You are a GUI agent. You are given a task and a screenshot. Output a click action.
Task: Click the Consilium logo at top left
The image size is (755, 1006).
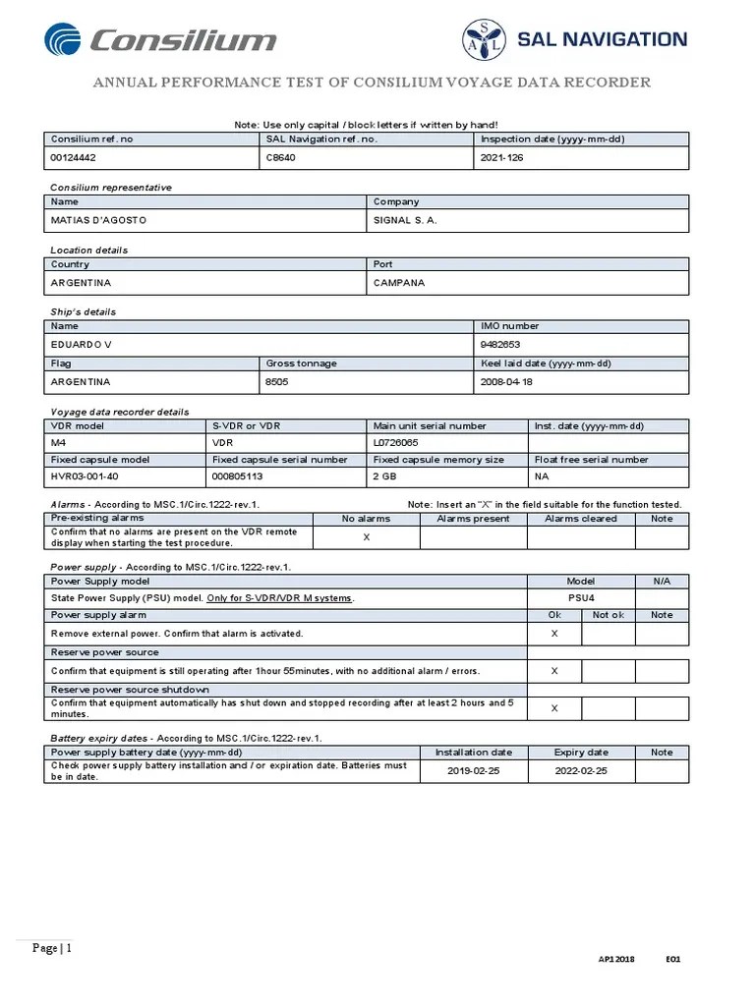160,40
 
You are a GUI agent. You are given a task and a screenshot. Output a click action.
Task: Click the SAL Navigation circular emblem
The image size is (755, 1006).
484,40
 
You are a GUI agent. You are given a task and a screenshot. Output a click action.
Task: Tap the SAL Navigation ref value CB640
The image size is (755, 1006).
281,157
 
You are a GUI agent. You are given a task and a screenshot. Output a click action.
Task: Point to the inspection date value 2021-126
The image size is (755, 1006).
502,157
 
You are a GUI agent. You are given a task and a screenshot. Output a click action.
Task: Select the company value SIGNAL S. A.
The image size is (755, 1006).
405,220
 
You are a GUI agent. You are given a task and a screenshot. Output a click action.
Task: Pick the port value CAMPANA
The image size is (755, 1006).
400,283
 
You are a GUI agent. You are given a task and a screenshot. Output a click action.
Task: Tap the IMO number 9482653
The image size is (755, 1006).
500,345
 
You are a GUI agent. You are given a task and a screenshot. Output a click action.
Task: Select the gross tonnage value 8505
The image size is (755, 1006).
277,381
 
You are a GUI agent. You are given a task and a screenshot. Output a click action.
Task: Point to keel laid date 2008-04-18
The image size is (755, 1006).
506,381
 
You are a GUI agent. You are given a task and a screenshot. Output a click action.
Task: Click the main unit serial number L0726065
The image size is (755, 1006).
397,443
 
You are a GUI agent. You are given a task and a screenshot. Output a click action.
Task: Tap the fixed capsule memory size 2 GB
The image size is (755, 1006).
384,475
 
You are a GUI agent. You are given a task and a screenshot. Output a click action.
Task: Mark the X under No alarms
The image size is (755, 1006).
367,536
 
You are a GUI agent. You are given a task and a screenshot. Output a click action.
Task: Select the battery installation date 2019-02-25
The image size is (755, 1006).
474,771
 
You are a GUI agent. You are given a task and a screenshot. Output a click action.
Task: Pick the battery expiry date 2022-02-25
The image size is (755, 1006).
581,771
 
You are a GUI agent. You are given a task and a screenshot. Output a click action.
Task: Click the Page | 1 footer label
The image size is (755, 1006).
52,948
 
